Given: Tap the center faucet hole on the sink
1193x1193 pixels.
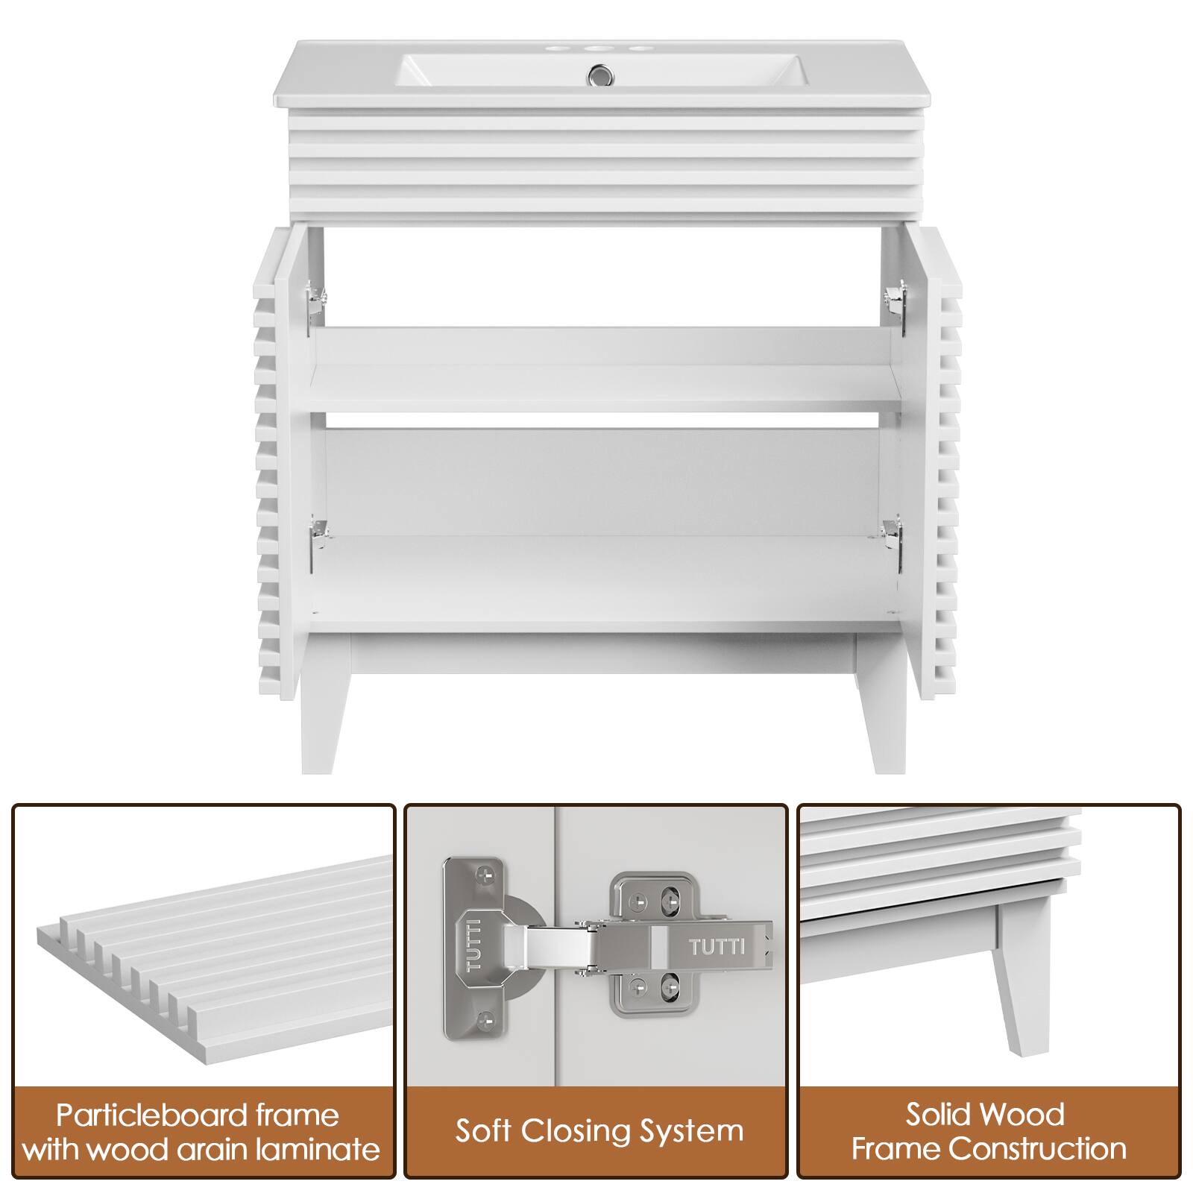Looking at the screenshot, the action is (596, 50).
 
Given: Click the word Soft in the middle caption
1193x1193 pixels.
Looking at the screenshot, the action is (483, 1131).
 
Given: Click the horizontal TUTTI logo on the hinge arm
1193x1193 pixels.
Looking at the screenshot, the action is (716, 948).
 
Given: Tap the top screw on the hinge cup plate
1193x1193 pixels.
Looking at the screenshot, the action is (488, 872).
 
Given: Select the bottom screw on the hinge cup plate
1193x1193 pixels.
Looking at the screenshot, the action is (488, 1016).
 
